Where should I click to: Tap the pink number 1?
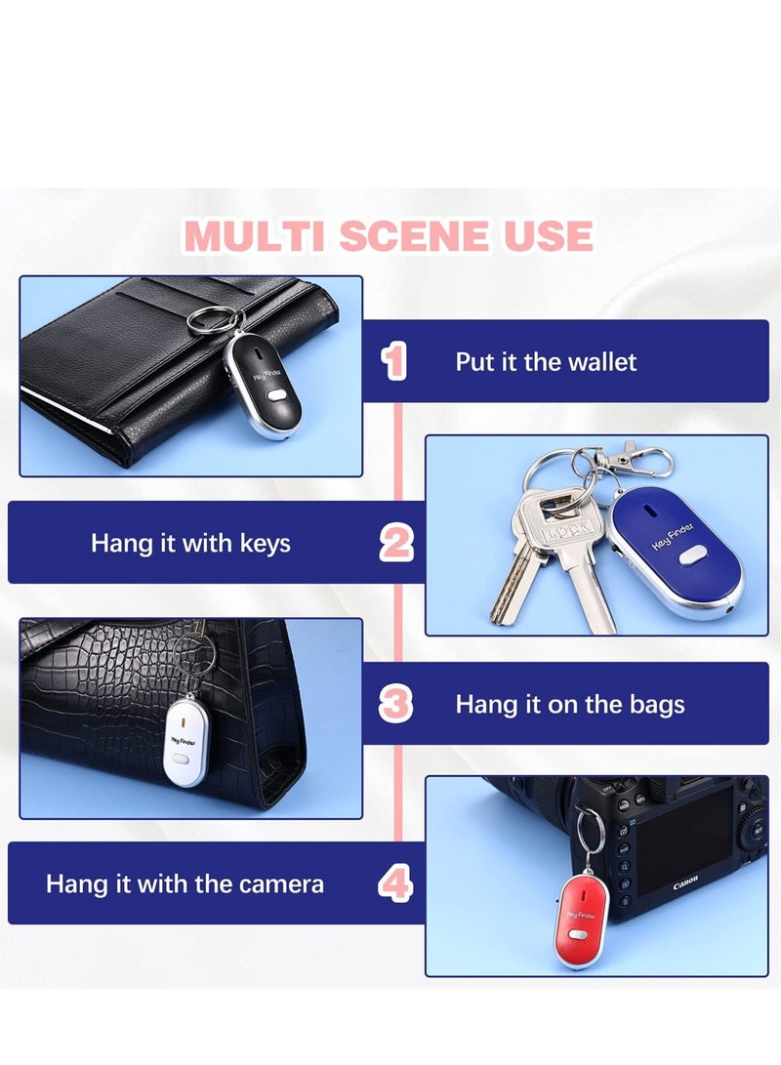click(394, 361)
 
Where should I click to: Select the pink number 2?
click(395, 542)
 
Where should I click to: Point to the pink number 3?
click(395, 704)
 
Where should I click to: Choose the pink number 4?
click(395, 883)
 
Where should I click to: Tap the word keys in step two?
click(261, 543)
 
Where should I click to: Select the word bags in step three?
click(650, 704)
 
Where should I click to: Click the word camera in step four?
click(284, 884)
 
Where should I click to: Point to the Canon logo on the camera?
click(685, 886)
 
